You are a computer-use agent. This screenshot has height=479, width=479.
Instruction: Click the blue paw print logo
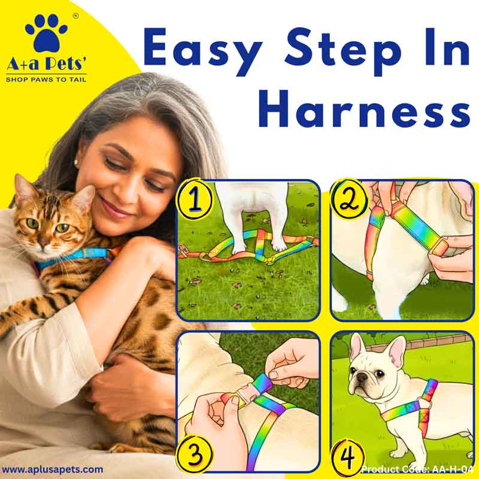[x=46, y=34]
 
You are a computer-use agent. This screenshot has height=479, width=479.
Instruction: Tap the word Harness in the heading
[x=365, y=110]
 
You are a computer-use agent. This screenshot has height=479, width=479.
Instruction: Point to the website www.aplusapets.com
[x=52, y=469]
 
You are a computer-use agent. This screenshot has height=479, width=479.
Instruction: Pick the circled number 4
[x=348, y=456]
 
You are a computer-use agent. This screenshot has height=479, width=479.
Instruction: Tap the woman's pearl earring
[x=76, y=162]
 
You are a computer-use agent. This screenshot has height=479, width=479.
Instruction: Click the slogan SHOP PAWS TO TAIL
[x=46, y=80]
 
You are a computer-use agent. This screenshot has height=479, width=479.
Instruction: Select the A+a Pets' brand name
[x=46, y=64]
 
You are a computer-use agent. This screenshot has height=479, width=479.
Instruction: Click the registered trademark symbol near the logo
[x=76, y=16]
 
